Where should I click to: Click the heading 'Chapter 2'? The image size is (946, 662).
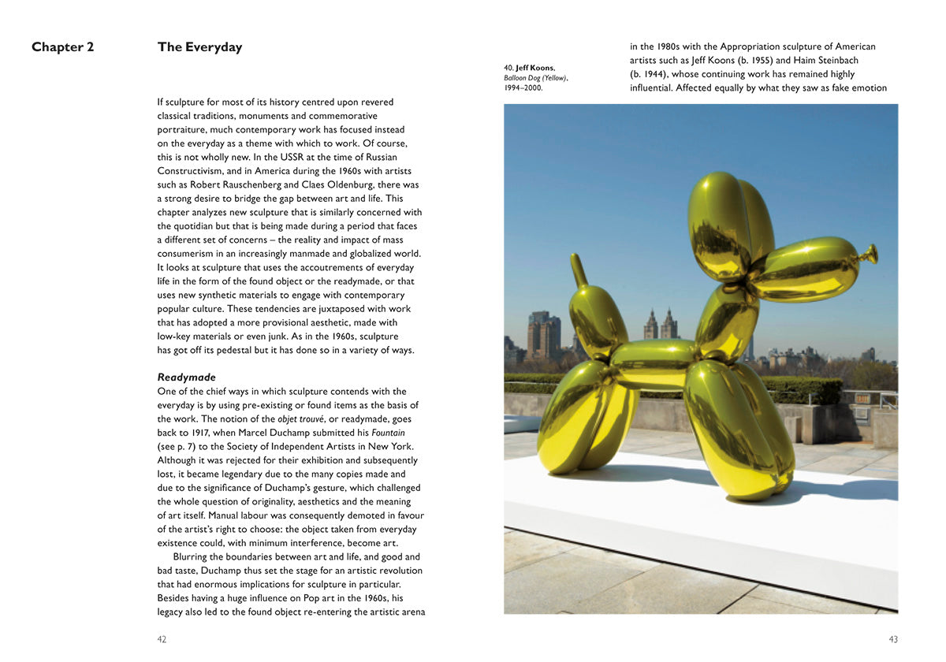tap(63, 47)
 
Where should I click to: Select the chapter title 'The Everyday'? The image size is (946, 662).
tap(199, 47)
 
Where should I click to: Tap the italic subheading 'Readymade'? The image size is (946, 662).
tap(186, 377)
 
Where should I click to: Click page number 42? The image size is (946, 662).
tap(162, 639)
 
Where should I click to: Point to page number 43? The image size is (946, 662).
tap(893, 639)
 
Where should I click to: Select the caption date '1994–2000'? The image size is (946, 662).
tap(523, 87)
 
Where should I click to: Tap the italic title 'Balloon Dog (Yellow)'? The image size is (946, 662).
tap(535, 78)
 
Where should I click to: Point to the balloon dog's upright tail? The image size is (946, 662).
tap(579, 271)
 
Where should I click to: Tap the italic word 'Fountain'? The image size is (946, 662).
tap(389, 433)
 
